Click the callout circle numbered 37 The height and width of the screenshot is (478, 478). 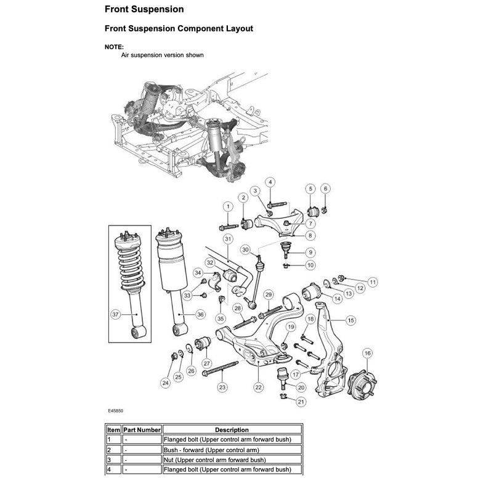[115, 314]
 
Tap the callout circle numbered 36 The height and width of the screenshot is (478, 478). [200, 314]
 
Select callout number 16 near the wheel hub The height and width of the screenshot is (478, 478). [367, 354]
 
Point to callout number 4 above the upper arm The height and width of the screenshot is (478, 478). [270, 182]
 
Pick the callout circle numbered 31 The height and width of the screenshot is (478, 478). [227, 238]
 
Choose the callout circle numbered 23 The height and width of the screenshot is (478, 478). [222, 387]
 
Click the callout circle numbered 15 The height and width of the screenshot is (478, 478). [350, 320]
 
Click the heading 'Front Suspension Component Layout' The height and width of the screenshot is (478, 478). [179, 28]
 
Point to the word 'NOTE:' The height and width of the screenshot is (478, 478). [114, 47]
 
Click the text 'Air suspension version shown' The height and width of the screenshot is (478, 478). [162, 55]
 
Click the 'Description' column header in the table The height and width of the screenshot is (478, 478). [232, 429]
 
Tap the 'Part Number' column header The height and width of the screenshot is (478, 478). [142, 429]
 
